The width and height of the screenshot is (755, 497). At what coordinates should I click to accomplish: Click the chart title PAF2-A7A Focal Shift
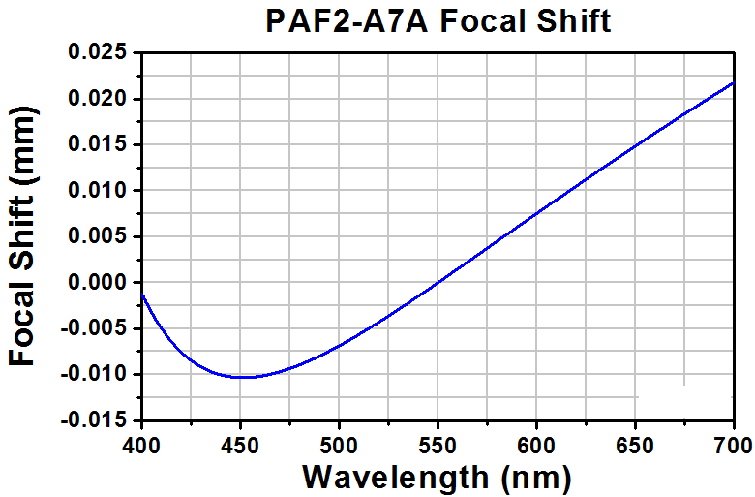pyautogui.click(x=438, y=21)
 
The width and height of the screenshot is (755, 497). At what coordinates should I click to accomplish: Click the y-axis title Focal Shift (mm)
pyautogui.click(x=22, y=235)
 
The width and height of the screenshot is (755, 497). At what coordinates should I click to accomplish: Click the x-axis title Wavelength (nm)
pyautogui.click(x=437, y=478)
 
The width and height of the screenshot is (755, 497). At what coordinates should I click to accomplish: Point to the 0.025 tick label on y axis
pyautogui.click(x=98, y=51)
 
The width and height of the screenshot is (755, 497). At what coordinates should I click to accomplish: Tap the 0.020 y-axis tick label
pyautogui.click(x=98, y=99)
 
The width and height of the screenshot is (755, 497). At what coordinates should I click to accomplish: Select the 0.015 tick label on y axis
pyautogui.click(x=98, y=144)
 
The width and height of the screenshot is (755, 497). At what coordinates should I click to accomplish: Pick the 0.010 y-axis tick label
pyautogui.click(x=98, y=191)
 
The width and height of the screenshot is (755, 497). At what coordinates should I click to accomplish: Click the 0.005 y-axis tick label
pyautogui.click(x=98, y=236)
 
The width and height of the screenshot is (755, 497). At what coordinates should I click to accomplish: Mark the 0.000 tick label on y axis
pyautogui.click(x=98, y=282)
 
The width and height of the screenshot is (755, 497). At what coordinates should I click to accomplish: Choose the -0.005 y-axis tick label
pyautogui.click(x=95, y=328)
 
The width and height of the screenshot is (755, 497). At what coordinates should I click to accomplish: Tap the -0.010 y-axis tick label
pyautogui.click(x=95, y=374)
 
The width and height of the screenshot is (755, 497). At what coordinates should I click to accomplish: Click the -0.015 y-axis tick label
pyautogui.click(x=95, y=420)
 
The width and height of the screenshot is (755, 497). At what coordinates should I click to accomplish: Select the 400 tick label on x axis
pyautogui.click(x=141, y=446)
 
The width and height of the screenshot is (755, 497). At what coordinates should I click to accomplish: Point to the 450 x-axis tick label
pyautogui.click(x=240, y=446)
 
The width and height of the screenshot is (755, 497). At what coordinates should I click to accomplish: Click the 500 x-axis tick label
pyautogui.click(x=339, y=446)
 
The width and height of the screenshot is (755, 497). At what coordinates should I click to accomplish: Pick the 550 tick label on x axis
pyautogui.click(x=438, y=446)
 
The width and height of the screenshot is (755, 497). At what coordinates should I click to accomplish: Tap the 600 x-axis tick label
pyautogui.click(x=536, y=446)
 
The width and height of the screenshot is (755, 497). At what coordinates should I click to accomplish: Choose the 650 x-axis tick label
pyautogui.click(x=635, y=446)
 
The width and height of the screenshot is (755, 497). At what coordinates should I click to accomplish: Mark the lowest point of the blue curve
pyautogui.click(x=243, y=377)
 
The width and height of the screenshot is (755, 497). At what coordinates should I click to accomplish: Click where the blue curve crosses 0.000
pyautogui.click(x=438, y=282)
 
